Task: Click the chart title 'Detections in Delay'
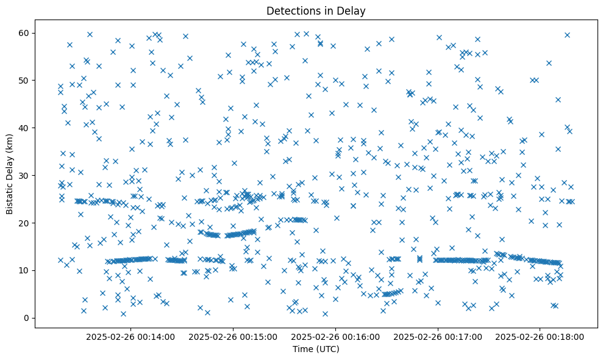pyautogui.click(x=316, y=10)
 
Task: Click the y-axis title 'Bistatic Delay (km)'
pyautogui.click(x=10, y=175)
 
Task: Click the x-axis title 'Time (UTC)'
pyautogui.click(x=316, y=350)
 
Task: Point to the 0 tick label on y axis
pyautogui.click(x=27, y=318)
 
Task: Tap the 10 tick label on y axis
pyautogui.click(x=24, y=270)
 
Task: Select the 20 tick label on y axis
pyautogui.click(x=24, y=223)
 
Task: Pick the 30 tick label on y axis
pyautogui.click(x=24, y=175)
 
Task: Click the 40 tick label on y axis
pyautogui.click(x=24, y=128)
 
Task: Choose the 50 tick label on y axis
pyautogui.click(x=24, y=80)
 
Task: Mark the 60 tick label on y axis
pyautogui.click(x=24, y=32)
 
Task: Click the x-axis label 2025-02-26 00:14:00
pyautogui.click(x=130, y=336)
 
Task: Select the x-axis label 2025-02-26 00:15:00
pyautogui.click(x=233, y=336)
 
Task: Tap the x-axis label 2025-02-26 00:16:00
pyautogui.click(x=335, y=336)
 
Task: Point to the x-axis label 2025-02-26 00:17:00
pyautogui.click(x=438, y=336)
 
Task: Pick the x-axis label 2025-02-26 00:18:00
pyautogui.click(x=540, y=336)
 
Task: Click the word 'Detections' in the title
pyautogui.click(x=290, y=10)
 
